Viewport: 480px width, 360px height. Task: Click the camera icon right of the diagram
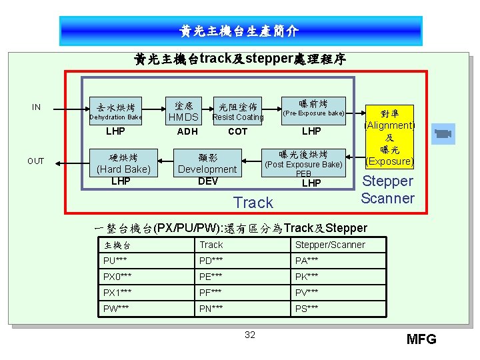442,133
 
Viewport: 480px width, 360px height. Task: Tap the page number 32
250,335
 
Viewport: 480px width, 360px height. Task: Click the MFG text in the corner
421,339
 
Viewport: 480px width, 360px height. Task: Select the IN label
36,107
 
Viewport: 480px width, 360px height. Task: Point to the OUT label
36,161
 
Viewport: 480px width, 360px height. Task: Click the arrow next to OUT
66,161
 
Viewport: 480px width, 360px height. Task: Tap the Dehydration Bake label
116,117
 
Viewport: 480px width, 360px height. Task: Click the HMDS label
183,117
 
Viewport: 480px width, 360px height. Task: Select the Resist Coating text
238,117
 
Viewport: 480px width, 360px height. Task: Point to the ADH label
187,131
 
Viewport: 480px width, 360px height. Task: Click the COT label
238,131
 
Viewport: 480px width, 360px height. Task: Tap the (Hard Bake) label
123,169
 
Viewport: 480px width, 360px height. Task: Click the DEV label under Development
208,181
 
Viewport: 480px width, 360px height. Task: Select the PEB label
304,174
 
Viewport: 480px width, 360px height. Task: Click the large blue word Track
253,202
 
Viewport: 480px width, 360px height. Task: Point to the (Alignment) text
389,125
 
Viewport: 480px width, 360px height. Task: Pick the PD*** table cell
212,259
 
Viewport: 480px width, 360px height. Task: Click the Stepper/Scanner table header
330,245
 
